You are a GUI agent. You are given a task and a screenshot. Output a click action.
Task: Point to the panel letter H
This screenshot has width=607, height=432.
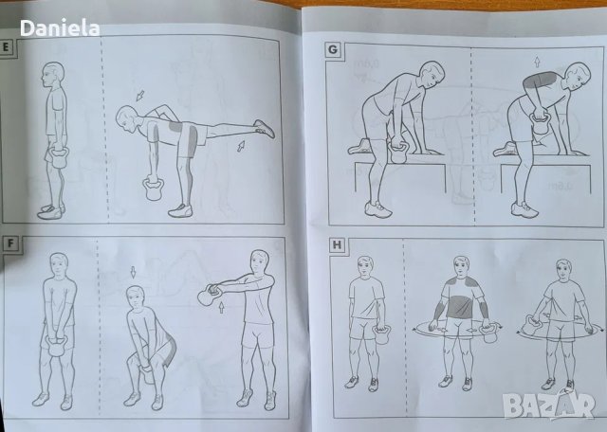pos(337,246)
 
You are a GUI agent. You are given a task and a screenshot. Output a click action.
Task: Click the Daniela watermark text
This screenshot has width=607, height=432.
pos(60,28)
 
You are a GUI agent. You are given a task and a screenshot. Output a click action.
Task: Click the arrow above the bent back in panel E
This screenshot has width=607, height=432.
pos(139,96)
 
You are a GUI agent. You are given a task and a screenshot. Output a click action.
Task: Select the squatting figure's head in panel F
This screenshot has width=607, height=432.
pos(136,297)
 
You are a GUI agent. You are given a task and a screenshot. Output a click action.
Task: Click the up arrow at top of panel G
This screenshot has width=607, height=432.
pos(537,62)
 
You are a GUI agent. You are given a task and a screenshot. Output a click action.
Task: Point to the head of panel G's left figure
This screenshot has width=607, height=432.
pos(432,74)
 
